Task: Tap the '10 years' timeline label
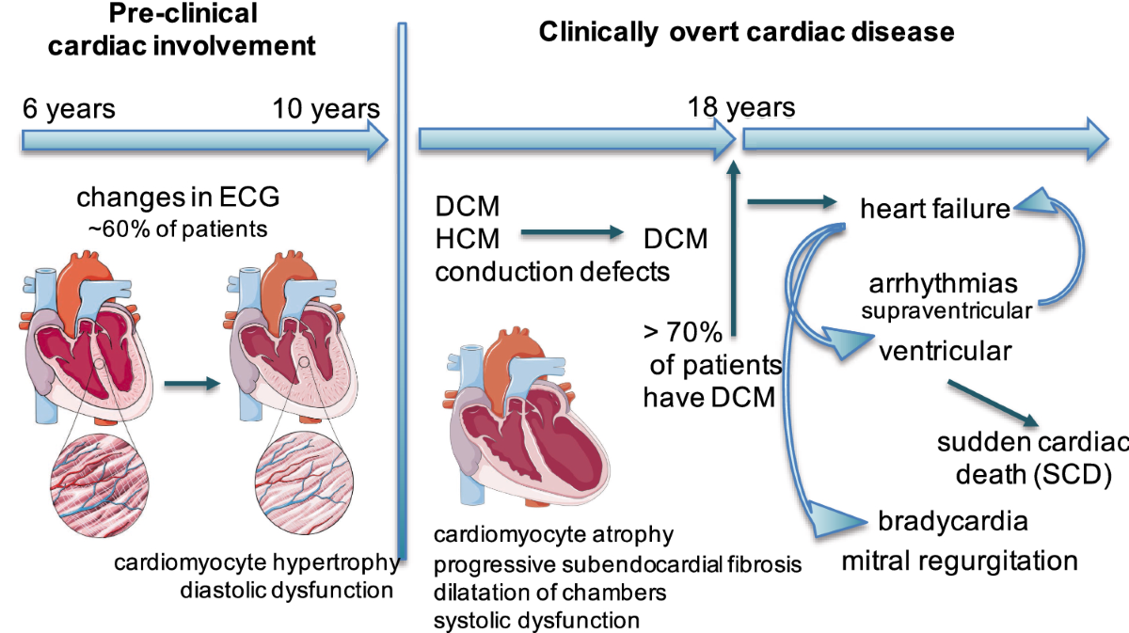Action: tap(326, 108)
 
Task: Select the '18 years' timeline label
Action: tap(740, 106)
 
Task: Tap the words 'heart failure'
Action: tap(935, 208)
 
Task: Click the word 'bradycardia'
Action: tap(952, 521)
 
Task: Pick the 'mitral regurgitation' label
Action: tap(959, 562)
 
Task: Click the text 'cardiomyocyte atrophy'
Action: tap(553, 535)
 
